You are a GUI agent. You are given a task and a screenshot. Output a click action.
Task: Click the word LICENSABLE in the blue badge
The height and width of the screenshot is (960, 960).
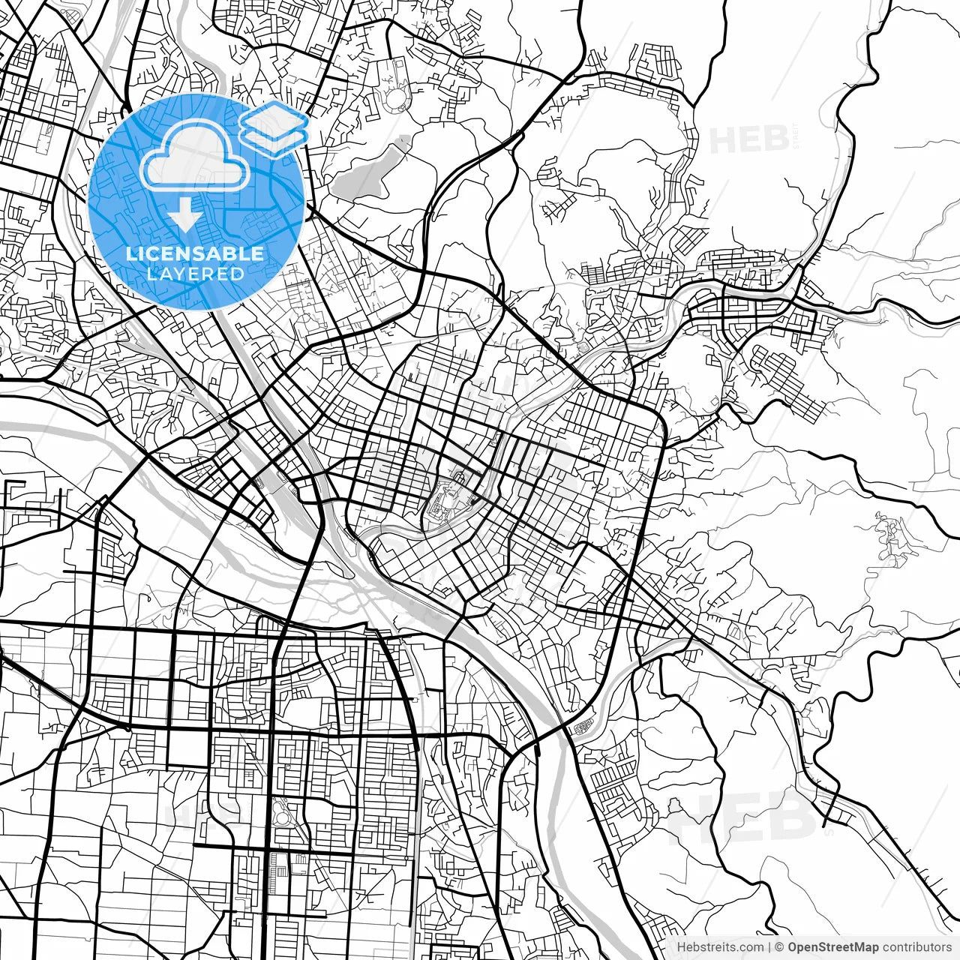click(195, 253)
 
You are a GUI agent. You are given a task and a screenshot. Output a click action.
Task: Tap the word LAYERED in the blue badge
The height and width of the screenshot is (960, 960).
click(195, 274)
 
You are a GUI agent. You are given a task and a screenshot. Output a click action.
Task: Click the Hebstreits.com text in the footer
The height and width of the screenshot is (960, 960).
click(720, 947)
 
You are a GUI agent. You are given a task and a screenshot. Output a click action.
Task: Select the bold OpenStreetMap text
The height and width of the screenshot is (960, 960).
click(833, 947)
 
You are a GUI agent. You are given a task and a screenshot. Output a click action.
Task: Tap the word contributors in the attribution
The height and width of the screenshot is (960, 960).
click(916, 947)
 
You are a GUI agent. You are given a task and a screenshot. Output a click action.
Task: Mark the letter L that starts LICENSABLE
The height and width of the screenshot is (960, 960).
click(130, 253)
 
